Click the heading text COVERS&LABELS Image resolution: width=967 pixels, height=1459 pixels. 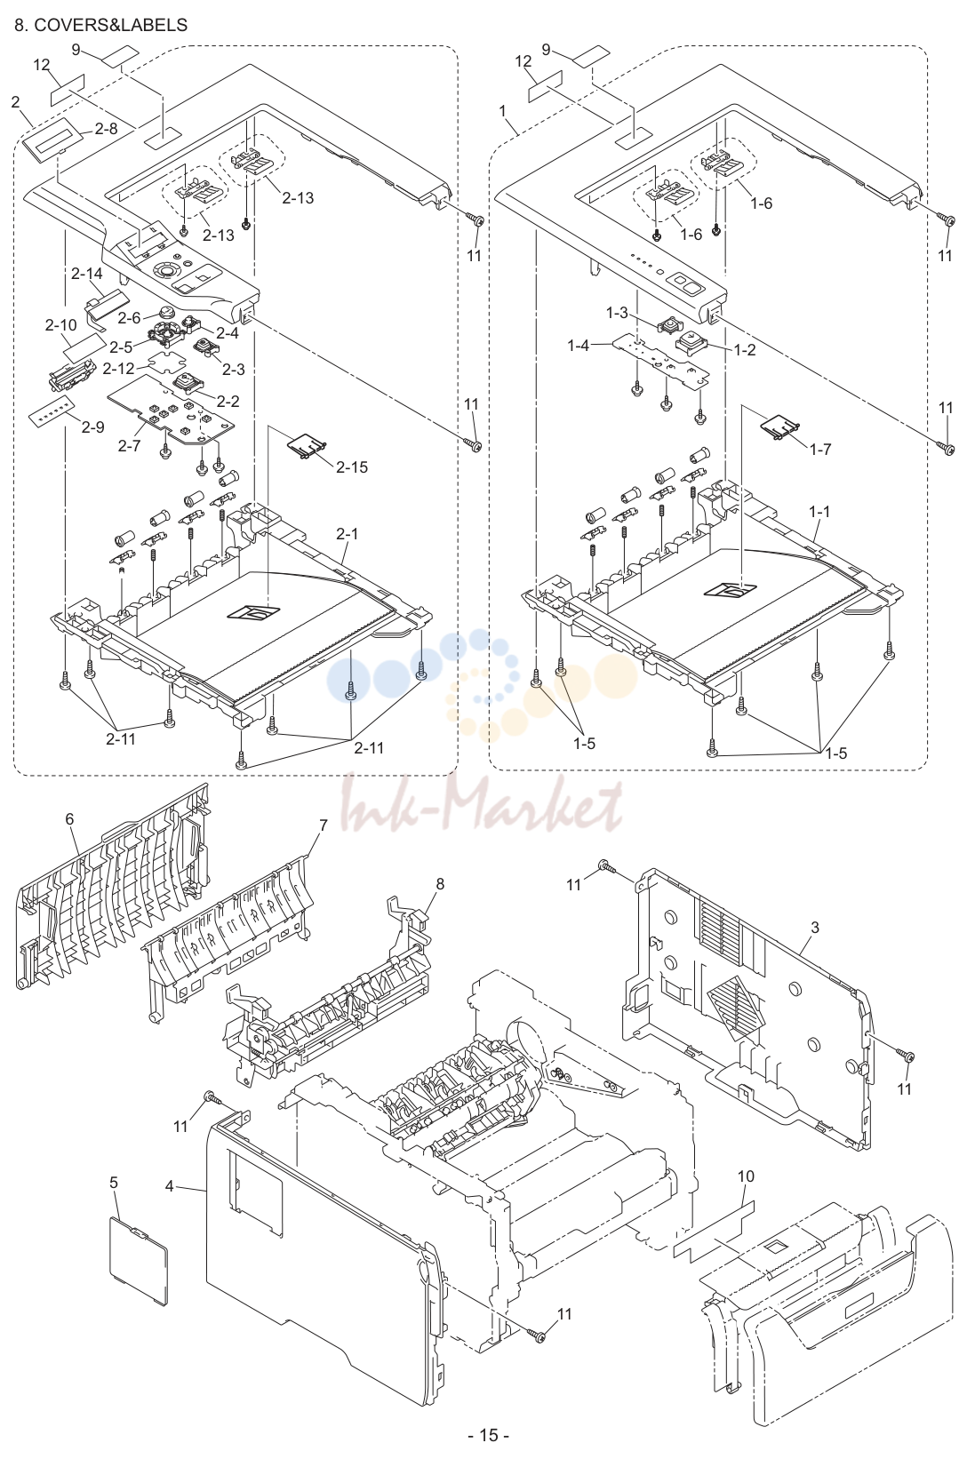click(x=110, y=25)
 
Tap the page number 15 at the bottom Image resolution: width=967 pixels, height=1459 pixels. click(x=489, y=1434)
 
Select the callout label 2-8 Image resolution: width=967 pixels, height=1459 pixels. click(x=107, y=128)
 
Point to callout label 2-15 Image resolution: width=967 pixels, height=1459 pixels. click(x=352, y=467)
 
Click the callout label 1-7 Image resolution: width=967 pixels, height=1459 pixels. click(x=820, y=449)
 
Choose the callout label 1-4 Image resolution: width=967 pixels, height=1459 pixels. click(x=578, y=346)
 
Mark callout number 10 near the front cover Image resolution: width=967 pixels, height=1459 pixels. click(x=746, y=1176)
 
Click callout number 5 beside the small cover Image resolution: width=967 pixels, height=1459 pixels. click(x=114, y=1182)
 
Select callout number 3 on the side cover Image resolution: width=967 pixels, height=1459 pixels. click(x=814, y=927)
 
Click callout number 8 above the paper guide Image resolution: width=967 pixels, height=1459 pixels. click(x=441, y=883)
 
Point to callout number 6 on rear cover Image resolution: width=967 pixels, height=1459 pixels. click(x=69, y=818)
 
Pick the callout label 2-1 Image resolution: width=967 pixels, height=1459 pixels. click(x=348, y=533)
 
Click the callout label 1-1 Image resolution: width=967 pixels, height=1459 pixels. click(x=819, y=512)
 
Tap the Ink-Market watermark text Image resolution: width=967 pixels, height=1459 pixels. click(x=483, y=802)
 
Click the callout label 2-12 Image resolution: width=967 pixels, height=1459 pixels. click(x=118, y=369)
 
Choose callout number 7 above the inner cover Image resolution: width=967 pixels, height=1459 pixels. click(x=324, y=825)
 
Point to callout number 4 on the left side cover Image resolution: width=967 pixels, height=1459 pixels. click(x=170, y=1186)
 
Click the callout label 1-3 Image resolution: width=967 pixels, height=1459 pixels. click(x=617, y=313)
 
